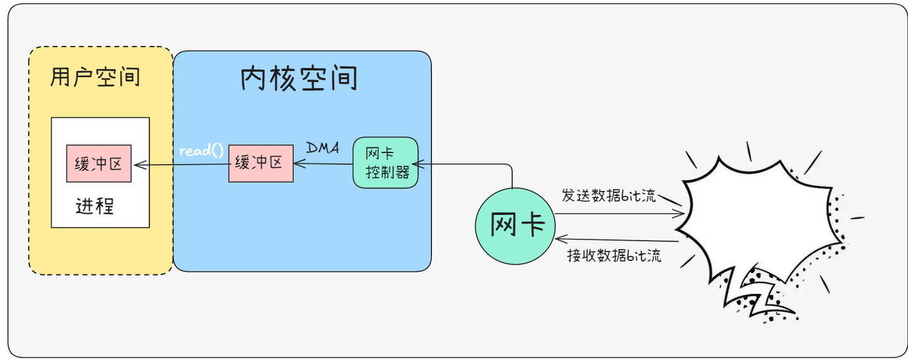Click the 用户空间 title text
95,78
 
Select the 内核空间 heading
299,79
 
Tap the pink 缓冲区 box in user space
99,163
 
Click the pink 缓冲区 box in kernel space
260,163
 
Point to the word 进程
95,206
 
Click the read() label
201,151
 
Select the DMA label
322,148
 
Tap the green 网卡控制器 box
385,163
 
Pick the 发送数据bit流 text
609,195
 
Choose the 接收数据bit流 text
614,256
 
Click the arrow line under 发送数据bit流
618,214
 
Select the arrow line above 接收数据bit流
618,240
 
